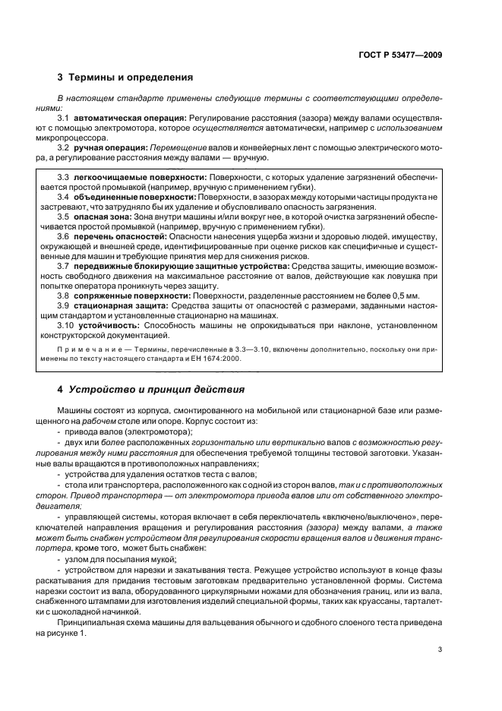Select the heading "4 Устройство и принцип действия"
[151, 390]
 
